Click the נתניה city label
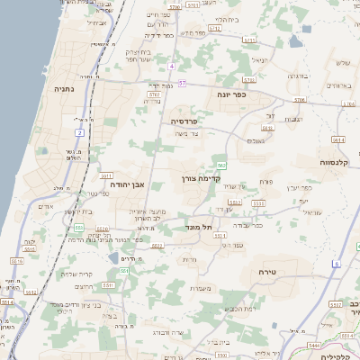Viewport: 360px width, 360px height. pyautogui.click(x=64, y=89)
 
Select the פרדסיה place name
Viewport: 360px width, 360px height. pyautogui.click(x=189, y=120)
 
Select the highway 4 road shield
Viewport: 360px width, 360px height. pyautogui.click(x=171, y=66)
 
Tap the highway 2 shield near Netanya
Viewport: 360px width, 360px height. pyautogui.click(x=79, y=132)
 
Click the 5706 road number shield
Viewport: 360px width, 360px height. pyautogui.click(x=300, y=100)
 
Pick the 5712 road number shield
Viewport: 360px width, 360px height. pyautogui.click(x=214, y=29)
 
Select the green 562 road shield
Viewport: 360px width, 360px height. pyautogui.click(x=220, y=164)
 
